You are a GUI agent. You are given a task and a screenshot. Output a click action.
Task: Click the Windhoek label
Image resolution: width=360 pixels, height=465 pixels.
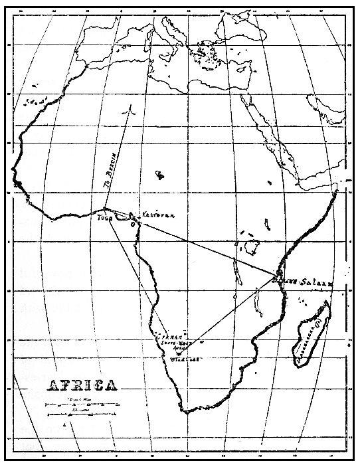[x=187, y=359]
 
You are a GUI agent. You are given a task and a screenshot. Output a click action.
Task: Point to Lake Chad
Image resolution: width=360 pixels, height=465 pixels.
[x=159, y=175]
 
